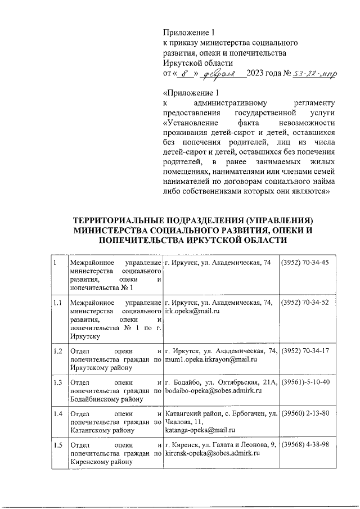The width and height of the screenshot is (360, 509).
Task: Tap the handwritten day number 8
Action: click(x=184, y=74)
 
